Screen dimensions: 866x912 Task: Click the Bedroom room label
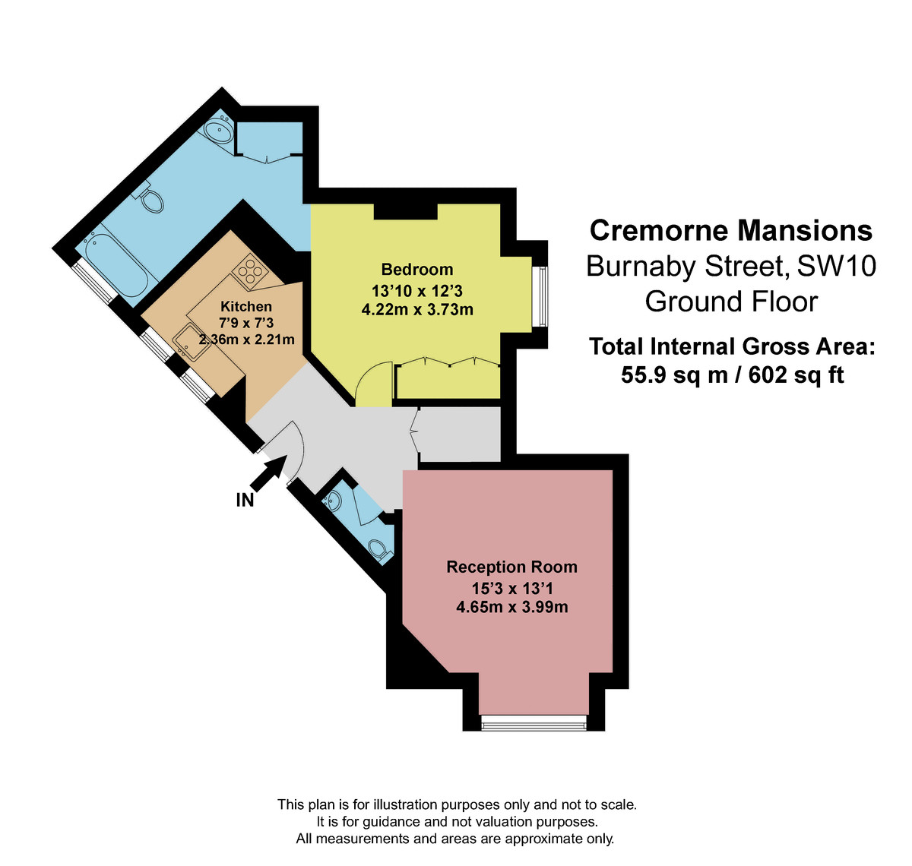[x=416, y=270]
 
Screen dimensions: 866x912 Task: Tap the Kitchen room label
[x=245, y=306]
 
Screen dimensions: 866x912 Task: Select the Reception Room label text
[x=511, y=567]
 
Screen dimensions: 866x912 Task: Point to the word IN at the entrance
[x=245, y=500]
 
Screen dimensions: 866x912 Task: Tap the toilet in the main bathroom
[x=153, y=200]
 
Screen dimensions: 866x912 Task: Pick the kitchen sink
[x=187, y=342]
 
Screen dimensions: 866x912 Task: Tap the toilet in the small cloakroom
[x=378, y=548]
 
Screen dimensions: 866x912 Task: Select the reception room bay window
[x=534, y=722]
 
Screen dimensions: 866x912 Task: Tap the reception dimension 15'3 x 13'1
[x=511, y=588]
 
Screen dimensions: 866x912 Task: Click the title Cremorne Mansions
[x=730, y=230]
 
